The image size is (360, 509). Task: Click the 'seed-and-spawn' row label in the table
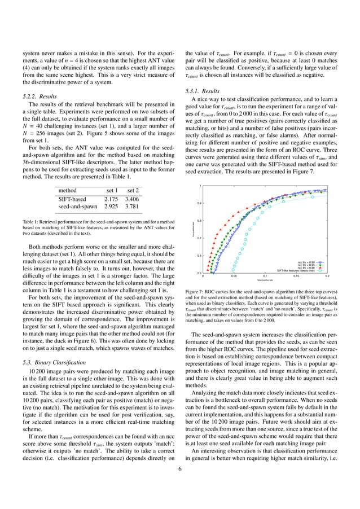click(x=78, y=208)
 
